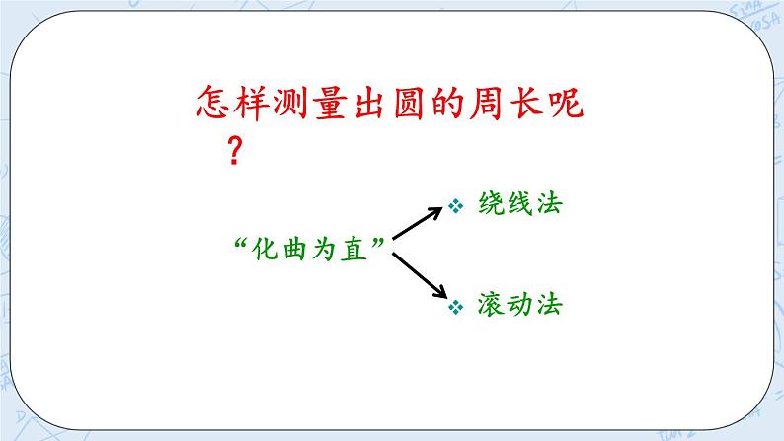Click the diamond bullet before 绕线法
click(456, 207)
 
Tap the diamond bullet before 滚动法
click(456, 308)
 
